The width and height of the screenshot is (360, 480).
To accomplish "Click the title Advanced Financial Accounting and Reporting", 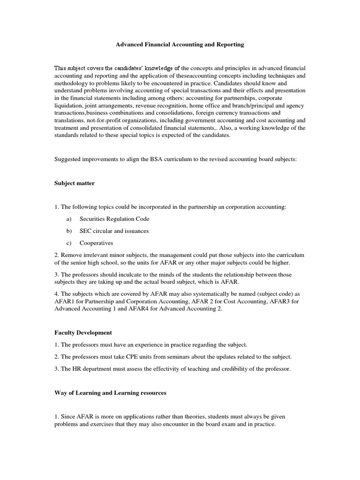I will click(180, 45).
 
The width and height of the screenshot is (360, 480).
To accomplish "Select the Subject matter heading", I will click(75, 183).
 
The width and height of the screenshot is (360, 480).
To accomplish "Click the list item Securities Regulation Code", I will click(115, 219).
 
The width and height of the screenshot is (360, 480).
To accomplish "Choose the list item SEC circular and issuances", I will click(115, 231).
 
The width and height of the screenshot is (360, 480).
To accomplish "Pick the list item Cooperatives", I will click(97, 243).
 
